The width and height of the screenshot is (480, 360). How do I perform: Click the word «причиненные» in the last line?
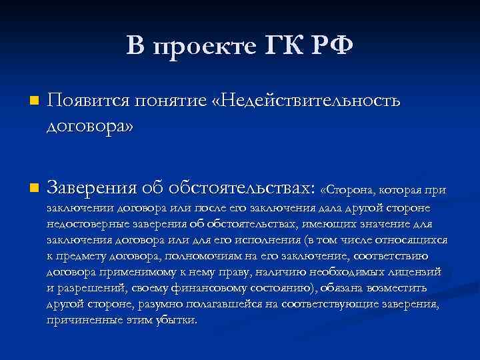click(x=82, y=320)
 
